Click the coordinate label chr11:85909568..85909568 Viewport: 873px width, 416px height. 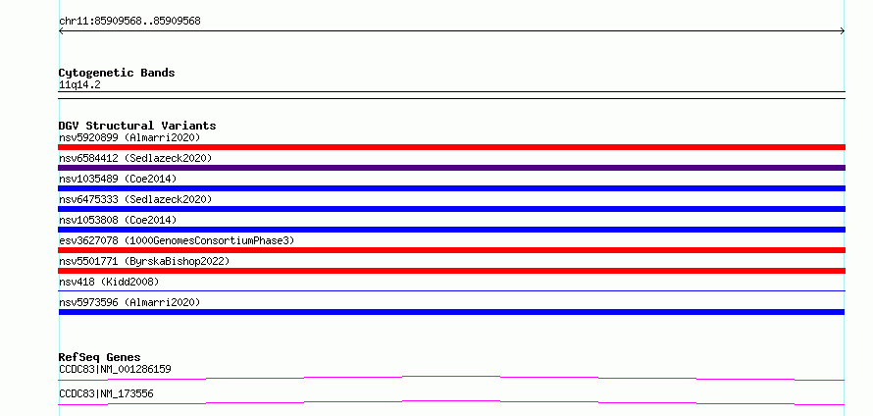(129, 22)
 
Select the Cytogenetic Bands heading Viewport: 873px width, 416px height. (117, 73)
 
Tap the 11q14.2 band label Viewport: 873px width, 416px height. (79, 85)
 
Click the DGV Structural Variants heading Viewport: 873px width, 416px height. (137, 126)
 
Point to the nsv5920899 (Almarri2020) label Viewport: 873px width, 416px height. (129, 137)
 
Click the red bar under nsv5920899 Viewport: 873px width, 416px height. (451, 147)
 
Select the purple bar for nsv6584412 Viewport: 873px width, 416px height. (451, 168)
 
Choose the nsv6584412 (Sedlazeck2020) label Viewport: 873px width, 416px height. (135, 158)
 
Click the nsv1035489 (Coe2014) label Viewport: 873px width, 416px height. (118, 179)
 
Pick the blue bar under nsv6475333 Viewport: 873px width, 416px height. (451, 209)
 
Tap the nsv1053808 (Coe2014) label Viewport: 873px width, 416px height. (118, 220)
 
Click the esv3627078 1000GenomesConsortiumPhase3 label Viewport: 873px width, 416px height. (177, 240)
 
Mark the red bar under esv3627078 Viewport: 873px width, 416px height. (451, 250)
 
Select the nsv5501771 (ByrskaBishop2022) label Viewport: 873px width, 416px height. (144, 261)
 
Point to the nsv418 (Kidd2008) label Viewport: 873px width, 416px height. (109, 282)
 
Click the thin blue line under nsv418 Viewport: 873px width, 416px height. (451, 290)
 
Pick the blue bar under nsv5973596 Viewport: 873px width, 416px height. (451, 312)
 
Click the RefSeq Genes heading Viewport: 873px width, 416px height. (100, 357)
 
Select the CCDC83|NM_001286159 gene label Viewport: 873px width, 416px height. (115, 369)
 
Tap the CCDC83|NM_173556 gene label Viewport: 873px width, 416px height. (106, 394)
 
